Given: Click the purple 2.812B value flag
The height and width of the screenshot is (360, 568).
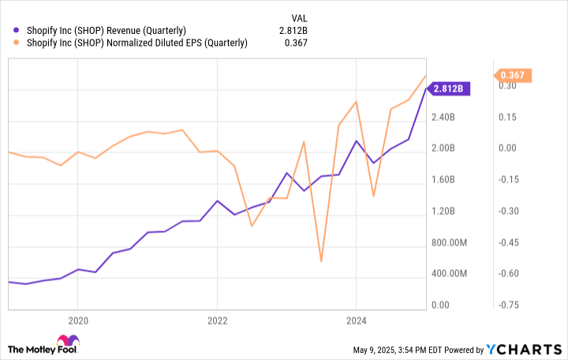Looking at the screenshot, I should [x=450, y=88].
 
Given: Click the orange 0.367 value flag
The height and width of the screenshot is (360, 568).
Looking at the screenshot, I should [x=513, y=76].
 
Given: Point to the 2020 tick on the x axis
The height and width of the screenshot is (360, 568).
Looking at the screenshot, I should [x=77, y=321].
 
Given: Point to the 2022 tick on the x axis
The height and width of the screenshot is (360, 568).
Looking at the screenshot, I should [x=217, y=321].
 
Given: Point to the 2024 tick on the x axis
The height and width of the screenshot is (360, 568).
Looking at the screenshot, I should [x=357, y=321].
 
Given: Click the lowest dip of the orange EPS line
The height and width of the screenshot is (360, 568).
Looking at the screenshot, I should [x=321, y=261].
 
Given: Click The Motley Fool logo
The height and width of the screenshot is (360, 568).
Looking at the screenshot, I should [x=44, y=347].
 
